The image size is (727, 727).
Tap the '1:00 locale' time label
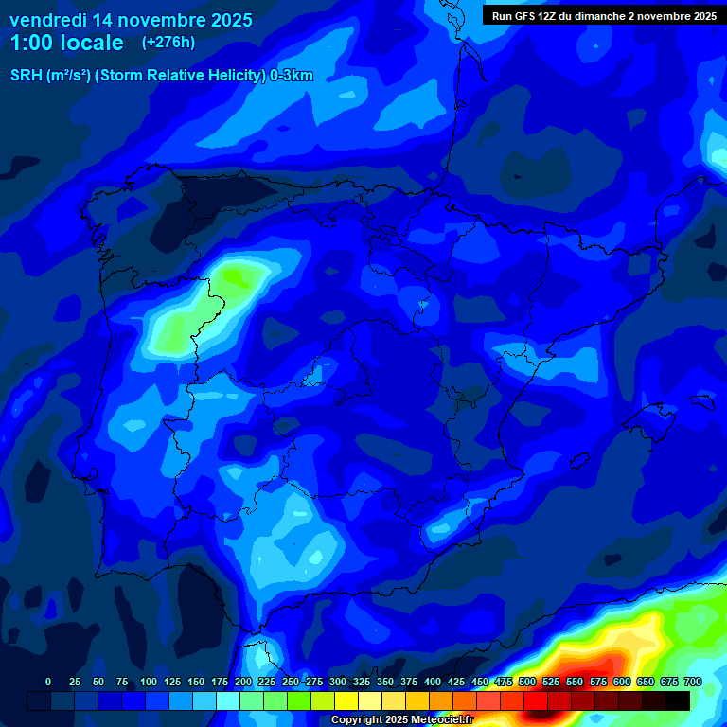click(67, 43)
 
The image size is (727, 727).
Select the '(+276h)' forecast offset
click(168, 43)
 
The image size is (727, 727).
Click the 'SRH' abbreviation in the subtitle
click(27, 76)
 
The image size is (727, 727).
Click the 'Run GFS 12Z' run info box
click(603, 16)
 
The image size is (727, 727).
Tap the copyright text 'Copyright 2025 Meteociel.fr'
click(401, 720)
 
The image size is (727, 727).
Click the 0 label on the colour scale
click(48, 682)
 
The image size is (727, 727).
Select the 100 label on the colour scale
click(148, 682)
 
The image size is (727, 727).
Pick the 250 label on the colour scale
click(291, 682)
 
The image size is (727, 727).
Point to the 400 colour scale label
click(433, 682)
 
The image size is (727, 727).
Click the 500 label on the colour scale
click(527, 682)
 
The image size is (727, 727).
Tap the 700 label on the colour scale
click(693, 682)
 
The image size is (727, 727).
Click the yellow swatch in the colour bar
click(346, 700)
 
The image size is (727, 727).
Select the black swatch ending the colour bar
click(678, 700)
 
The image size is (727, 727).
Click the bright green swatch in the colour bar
click(299, 700)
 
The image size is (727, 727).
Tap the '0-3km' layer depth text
click(292, 76)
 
